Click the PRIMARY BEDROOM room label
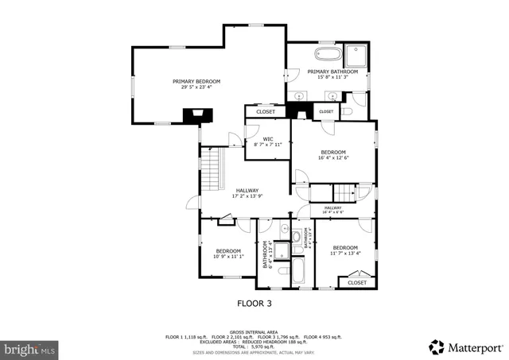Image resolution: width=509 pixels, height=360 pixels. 196,81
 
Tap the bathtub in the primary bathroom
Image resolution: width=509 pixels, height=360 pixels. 327,56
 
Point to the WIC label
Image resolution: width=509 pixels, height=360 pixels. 268,139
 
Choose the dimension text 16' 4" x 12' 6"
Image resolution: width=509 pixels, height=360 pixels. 333,157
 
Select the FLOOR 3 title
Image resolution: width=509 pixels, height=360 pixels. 254,304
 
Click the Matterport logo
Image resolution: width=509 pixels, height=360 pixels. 466,347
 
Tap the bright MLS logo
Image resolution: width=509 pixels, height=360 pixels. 30,348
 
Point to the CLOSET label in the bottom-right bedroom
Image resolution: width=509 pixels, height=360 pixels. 357,282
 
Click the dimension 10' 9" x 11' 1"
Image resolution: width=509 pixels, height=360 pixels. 227,257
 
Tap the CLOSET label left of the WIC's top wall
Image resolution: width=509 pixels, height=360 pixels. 266,112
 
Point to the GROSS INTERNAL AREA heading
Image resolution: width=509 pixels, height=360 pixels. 254,331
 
